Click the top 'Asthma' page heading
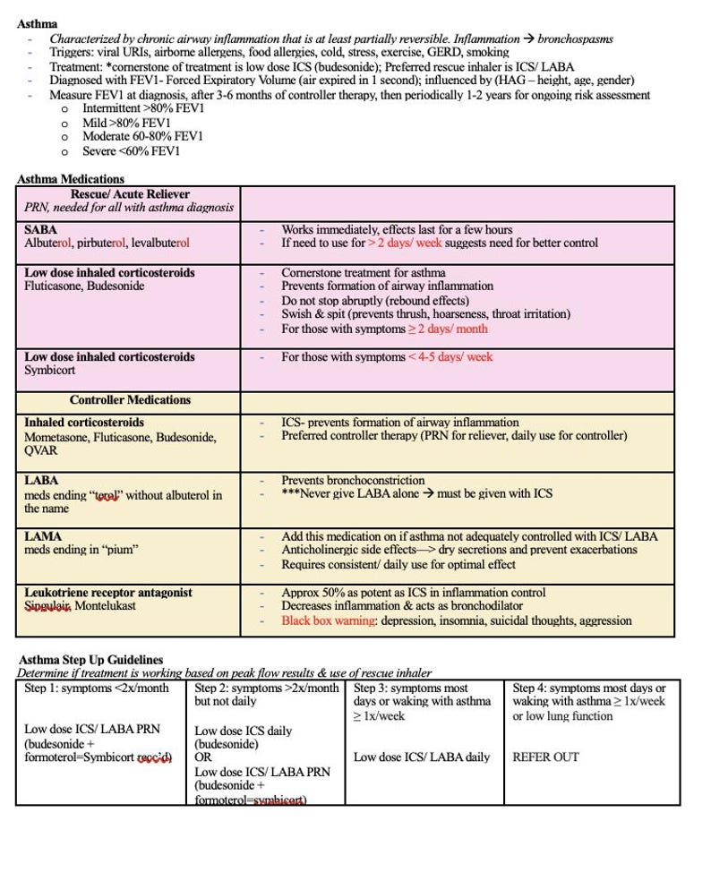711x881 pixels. pos(37,24)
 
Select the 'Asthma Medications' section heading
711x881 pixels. pos(70,179)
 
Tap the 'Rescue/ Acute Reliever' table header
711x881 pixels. pos(130,193)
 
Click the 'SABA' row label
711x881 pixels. pos(40,230)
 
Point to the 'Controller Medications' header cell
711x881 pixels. pos(130,400)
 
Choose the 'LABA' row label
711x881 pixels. pos(41,481)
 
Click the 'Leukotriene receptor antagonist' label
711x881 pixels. pos(108,592)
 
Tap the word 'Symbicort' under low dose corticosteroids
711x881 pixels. pos(50,370)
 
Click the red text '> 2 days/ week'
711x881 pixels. pos(404,243)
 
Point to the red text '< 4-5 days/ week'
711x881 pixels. pos(450,356)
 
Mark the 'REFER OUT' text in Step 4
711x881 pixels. pos(545,757)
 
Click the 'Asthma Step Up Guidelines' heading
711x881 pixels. pos(90,660)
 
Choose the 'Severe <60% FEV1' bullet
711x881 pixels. pos(132,151)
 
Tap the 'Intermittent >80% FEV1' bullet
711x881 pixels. pos(143,108)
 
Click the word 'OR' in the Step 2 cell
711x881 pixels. pos(203,757)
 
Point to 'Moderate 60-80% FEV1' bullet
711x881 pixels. pos(142,137)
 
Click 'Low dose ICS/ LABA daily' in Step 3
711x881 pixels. pos(422,757)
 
